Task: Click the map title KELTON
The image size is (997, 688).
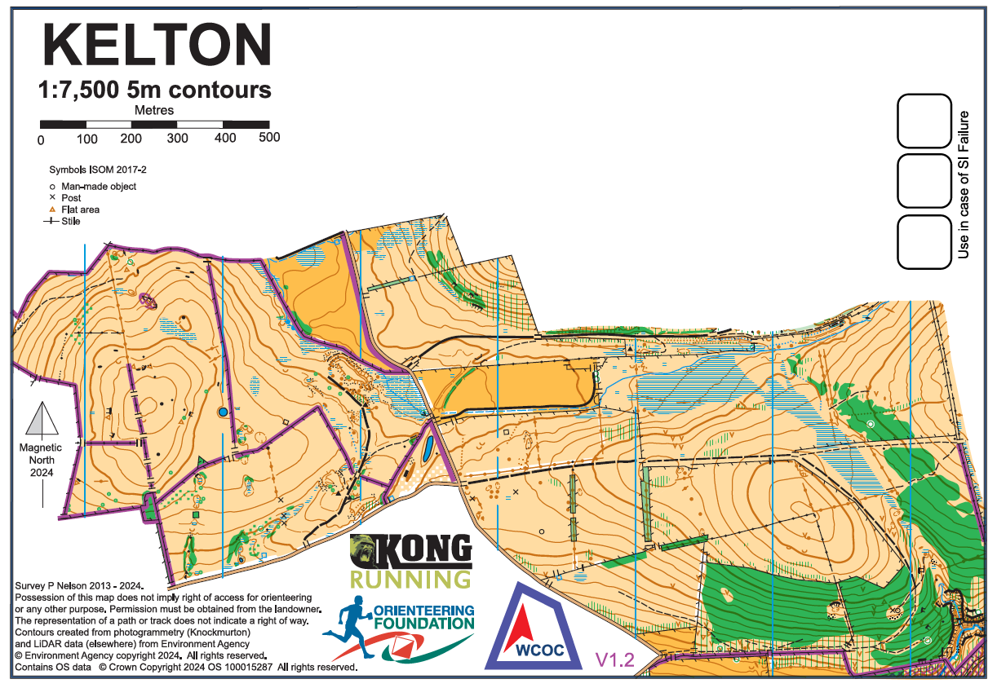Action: tap(155, 46)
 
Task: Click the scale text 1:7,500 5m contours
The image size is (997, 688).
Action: tap(155, 89)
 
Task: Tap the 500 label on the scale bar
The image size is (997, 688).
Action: tap(269, 138)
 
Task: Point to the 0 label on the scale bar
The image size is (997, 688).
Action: tap(41, 139)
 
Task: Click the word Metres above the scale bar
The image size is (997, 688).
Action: tap(154, 110)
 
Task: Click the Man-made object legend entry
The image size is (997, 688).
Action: tap(98, 187)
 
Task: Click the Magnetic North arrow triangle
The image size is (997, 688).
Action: tap(41, 420)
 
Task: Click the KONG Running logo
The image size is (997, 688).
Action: tap(410, 562)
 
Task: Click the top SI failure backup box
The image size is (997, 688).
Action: tap(924, 121)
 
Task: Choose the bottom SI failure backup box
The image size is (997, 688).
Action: tap(924, 242)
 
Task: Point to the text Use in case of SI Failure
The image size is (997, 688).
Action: tap(964, 185)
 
